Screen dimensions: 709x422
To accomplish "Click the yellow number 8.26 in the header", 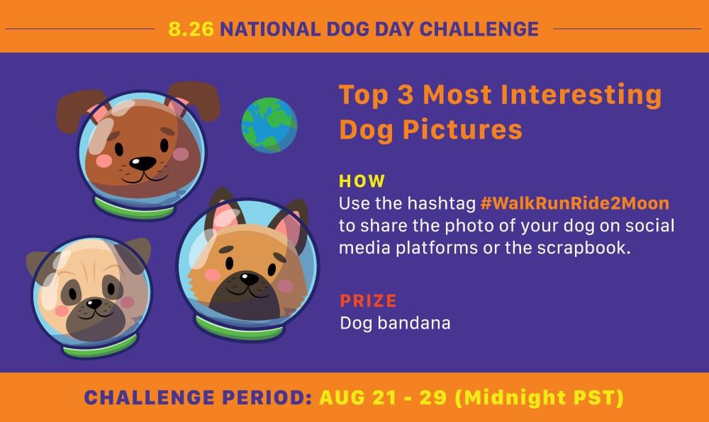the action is [191, 29].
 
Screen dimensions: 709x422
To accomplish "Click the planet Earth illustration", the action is [269, 125].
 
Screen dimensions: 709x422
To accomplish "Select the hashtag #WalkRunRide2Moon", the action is [575, 203].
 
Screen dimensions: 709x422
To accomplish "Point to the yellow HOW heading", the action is [362, 181].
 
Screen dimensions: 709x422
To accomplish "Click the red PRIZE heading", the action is [368, 301].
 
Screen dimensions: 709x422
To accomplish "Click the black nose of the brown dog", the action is [143, 163].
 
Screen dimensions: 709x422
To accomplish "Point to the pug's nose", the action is [94, 303].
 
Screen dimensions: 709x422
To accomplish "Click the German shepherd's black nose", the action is [249, 278].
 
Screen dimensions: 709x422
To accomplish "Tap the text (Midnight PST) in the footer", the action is [540, 398].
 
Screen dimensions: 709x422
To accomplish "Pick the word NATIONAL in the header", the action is [270, 29].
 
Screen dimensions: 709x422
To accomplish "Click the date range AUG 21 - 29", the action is [383, 398].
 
